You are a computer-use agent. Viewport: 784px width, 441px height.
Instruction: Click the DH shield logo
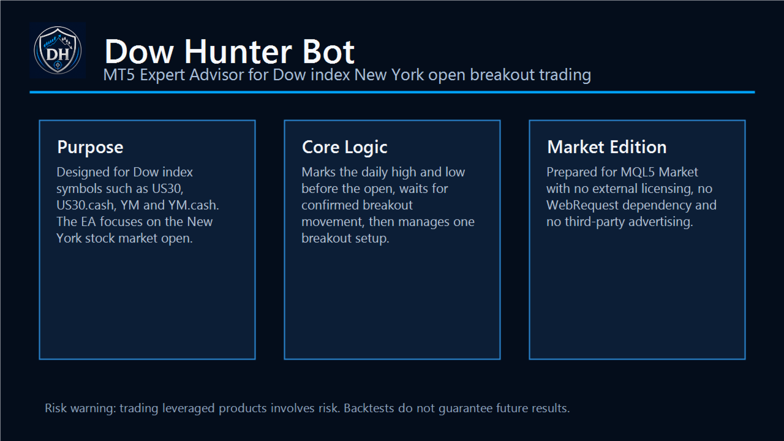tap(58, 50)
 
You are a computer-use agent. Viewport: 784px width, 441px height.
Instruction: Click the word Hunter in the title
tap(238, 52)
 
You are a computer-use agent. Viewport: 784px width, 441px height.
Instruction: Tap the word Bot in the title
tap(328, 52)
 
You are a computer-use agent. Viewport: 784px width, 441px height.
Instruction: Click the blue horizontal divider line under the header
tap(392, 92)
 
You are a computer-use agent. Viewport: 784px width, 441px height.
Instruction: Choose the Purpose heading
tap(90, 148)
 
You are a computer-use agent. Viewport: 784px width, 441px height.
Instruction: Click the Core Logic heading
tap(345, 148)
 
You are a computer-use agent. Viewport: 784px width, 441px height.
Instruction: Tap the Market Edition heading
tap(607, 147)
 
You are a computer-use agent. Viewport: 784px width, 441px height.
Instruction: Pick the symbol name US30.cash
tap(86, 205)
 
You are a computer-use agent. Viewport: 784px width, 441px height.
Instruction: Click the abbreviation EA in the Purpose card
tap(88, 222)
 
